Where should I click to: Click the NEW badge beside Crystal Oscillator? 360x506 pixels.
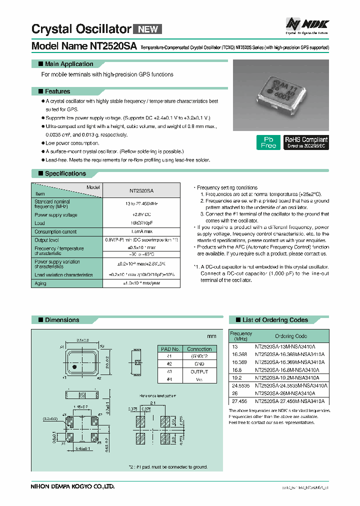pyautogui.click(x=147, y=29)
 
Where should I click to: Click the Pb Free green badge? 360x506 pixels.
pyautogui.click(x=268, y=142)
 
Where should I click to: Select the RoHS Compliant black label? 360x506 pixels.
pyautogui.click(x=306, y=142)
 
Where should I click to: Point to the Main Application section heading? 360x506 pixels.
pyautogui.click(x=69, y=64)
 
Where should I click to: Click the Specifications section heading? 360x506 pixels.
pyautogui.click(x=65, y=173)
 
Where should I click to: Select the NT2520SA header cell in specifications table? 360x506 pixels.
pyautogui.click(x=141, y=190)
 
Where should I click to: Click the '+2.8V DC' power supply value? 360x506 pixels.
pyautogui.click(x=141, y=215)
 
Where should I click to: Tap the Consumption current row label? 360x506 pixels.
pyautogui.click(x=55, y=231)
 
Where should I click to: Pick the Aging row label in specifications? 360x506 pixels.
pyautogui.click(x=40, y=283)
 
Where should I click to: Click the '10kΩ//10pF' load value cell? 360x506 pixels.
pyautogui.click(x=141, y=223)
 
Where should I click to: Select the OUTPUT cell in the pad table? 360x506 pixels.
pyautogui.click(x=199, y=371)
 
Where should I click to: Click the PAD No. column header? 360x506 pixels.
pyautogui.click(x=169, y=349)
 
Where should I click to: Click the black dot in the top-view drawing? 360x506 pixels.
pyautogui.click(x=74, y=367)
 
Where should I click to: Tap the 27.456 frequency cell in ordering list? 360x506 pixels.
pyautogui.click(x=238, y=401)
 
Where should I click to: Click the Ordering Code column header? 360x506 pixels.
pyautogui.click(x=291, y=336)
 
